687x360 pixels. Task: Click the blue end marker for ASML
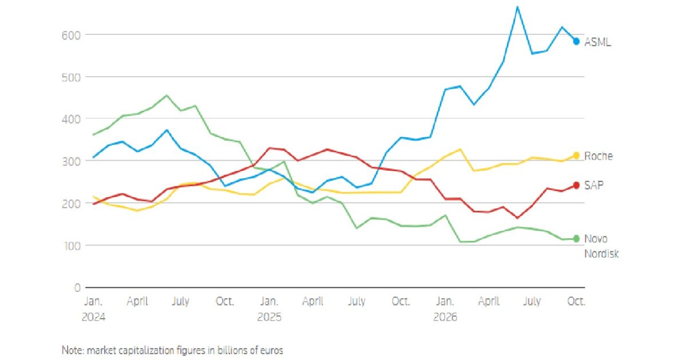[x=577, y=41]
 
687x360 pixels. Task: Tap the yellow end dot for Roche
[x=577, y=156]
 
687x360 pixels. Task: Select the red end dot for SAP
[x=577, y=185]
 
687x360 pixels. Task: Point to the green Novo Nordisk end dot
[x=577, y=239]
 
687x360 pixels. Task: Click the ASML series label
[x=598, y=42]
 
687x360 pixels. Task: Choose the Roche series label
[x=598, y=156]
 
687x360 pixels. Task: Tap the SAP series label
[x=594, y=185]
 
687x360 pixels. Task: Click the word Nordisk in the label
[x=601, y=254]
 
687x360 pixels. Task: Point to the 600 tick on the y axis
[x=71, y=35]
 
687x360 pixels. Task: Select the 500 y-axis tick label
[x=71, y=77]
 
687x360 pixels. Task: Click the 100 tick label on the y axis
[x=72, y=246]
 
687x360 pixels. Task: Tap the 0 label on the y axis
[x=77, y=288]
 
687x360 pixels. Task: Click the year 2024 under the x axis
[x=93, y=317]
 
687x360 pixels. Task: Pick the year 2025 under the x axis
[x=269, y=317]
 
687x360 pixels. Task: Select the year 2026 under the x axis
[x=445, y=317]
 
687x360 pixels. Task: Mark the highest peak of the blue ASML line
[x=518, y=7]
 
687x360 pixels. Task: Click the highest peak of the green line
[x=167, y=96]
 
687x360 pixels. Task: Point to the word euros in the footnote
[x=271, y=350]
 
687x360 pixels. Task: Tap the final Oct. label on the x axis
[x=577, y=301]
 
